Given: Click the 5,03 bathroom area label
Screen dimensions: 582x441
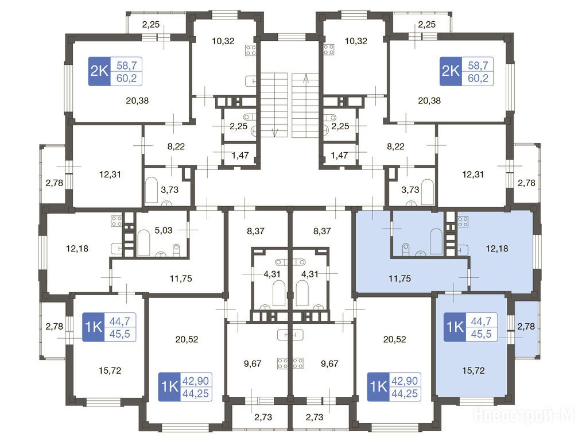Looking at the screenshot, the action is tap(164, 230).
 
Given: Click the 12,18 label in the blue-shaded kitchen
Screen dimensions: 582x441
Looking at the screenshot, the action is tap(497, 248).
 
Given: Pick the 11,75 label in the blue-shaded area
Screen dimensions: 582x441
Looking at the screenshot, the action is tap(399, 278).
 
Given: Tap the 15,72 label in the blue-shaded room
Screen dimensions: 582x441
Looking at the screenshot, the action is tap(474, 370).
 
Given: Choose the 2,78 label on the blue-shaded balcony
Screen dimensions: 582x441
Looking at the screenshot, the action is tap(526, 326).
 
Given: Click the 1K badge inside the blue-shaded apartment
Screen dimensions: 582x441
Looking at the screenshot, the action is tap(455, 327).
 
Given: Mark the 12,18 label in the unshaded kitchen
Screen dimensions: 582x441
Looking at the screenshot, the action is tap(77, 248).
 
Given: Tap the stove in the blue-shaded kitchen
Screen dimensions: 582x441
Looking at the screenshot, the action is tap(463, 222).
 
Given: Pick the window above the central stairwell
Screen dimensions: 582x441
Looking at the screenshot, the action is tap(291, 36).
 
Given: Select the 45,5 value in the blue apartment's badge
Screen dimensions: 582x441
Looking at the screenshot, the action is tap(481, 334).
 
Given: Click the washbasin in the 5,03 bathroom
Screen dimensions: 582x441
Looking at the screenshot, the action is tap(160, 254).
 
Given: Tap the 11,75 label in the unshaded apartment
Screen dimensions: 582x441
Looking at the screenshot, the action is tap(181, 278).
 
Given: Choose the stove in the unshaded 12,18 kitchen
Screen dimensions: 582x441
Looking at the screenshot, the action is tap(116, 221).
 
